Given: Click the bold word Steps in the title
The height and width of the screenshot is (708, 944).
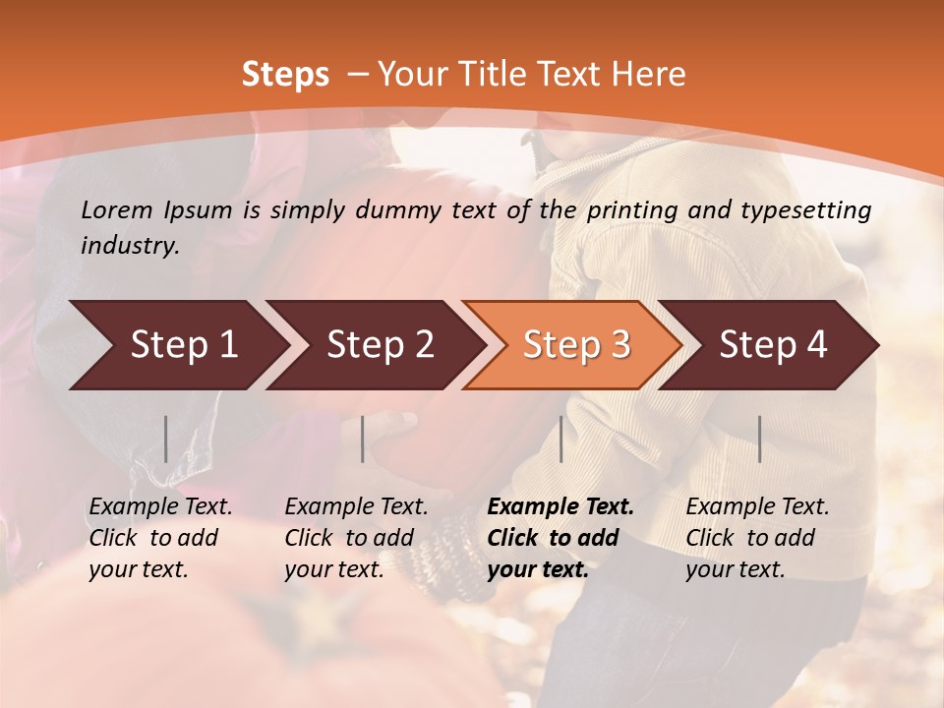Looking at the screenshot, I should tap(285, 75).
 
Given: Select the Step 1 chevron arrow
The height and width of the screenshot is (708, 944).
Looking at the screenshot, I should tap(177, 345).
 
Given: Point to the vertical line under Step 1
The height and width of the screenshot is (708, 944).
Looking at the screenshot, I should tap(165, 439).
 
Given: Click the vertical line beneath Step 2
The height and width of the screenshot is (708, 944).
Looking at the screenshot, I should tap(363, 439).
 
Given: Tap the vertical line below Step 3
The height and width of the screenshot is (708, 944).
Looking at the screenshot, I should tap(560, 439).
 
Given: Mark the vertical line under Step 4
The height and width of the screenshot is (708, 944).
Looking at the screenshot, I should tap(759, 439).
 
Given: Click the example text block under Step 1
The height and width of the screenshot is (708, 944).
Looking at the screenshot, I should tap(160, 538).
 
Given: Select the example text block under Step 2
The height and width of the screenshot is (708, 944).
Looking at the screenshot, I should tap(356, 538).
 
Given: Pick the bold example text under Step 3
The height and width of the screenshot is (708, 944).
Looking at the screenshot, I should tap(560, 538).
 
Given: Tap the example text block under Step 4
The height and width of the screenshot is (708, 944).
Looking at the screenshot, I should tap(757, 538).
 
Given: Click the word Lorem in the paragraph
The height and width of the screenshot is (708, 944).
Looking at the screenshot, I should tap(116, 210).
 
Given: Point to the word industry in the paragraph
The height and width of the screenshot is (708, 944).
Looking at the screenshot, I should tap(129, 246).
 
